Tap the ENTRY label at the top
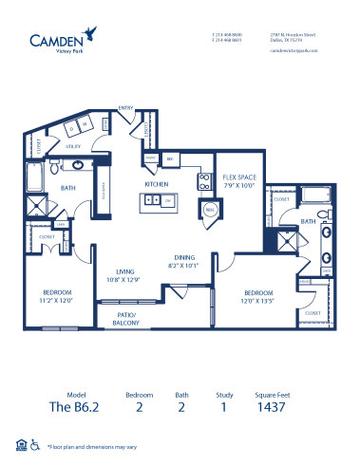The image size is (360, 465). point(123,108)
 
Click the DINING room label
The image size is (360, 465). point(185,257)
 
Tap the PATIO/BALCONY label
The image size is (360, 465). point(127,318)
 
